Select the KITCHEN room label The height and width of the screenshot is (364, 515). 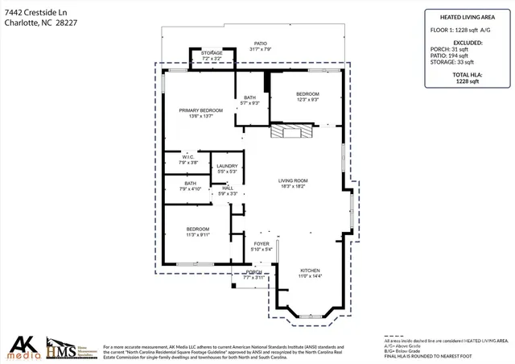pos(311,270)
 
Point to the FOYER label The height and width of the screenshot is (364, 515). pos(262,243)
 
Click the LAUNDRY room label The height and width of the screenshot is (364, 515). pos(227,166)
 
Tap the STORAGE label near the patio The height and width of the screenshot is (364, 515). pos(212,53)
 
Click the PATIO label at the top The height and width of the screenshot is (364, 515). pos(261,44)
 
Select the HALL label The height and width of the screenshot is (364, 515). pos(228,188)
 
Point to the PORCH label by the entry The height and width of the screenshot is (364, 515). pos(254,272)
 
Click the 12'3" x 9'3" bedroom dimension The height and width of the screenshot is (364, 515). pos(307,100)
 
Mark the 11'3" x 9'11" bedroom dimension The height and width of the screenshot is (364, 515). pos(198,235)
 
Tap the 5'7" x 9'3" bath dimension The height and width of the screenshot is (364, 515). pos(251,103)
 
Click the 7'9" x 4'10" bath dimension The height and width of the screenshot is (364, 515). pos(191,189)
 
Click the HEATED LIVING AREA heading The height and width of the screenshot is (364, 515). pos(467,16)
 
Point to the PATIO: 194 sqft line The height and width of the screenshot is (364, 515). pos(467,55)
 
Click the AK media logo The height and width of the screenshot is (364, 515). pos(22,347)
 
